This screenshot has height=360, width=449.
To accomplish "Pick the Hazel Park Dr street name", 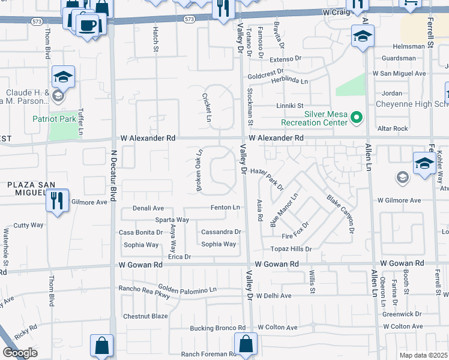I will point(267,179).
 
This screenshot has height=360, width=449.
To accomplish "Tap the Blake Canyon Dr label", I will point(340,214).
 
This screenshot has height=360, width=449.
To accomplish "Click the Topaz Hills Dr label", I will point(291,249).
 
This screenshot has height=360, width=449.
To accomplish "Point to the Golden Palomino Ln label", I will point(187,289).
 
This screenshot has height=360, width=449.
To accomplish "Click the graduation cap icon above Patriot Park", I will point(62,77).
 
